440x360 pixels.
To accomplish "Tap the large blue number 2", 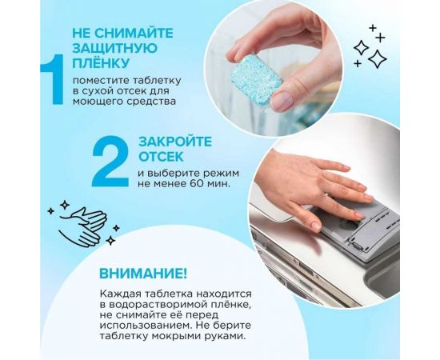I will click(x=110, y=160).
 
